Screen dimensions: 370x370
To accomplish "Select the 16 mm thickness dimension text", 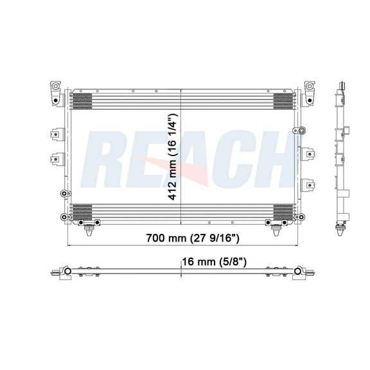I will click(x=213, y=261).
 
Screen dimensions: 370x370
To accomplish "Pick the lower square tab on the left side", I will click(x=56, y=157).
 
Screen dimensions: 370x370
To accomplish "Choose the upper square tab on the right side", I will click(x=309, y=154).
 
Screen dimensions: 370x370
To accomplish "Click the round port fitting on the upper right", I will click(x=297, y=130).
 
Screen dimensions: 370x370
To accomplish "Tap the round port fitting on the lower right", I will click(x=297, y=216).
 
